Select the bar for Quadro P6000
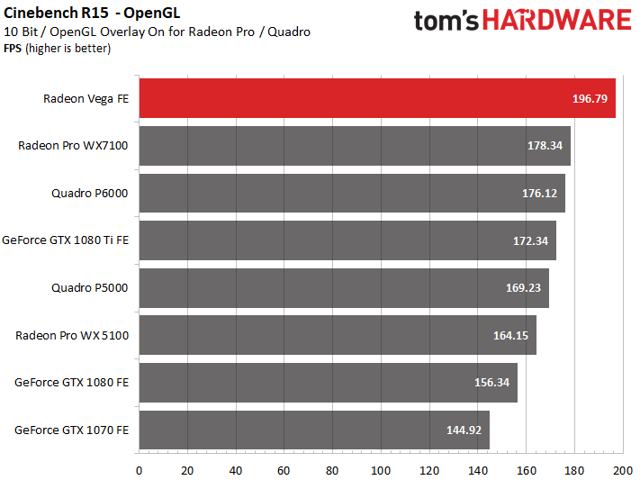352,193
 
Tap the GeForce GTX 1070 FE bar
314,430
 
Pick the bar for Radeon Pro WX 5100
338,335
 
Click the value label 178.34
544,145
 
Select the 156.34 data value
491,383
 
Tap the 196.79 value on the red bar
590,97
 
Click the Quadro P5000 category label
90,288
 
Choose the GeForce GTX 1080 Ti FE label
66,240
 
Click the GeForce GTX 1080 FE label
72,383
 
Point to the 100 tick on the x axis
381,469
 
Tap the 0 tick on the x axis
139,469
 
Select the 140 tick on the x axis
478,469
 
